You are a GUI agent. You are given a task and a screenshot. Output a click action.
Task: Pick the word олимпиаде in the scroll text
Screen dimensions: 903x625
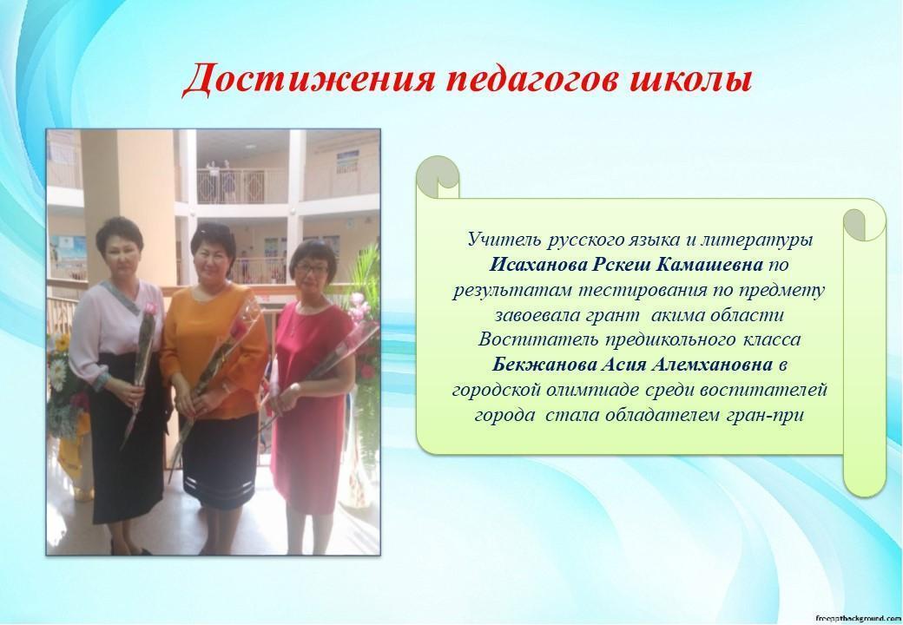click(592, 391)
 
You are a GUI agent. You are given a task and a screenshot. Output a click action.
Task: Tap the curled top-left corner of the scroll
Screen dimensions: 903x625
click(438, 176)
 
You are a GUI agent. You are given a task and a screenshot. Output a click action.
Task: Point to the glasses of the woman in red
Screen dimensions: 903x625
click(312, 268)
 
